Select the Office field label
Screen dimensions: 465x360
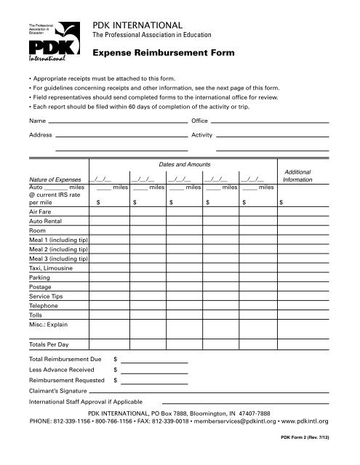199,119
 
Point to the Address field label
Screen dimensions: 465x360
40,135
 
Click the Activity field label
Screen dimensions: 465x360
201,135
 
